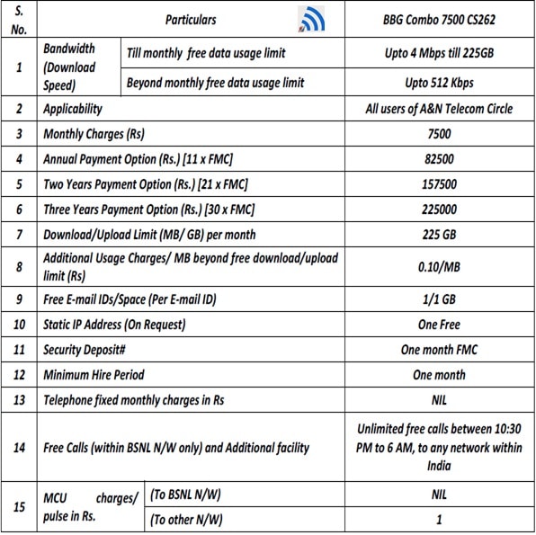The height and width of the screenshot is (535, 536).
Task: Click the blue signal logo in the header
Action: (310, 19)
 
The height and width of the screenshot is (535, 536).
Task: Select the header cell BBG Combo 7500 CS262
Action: (439, 19)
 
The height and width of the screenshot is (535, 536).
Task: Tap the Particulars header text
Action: (191, 19)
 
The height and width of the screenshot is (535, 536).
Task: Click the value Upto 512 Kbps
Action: (439, 83)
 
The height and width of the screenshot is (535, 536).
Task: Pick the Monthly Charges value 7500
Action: (439, 135)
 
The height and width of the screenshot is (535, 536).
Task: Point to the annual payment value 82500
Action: (439, 159)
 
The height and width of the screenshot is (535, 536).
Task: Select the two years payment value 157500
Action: (439, 184)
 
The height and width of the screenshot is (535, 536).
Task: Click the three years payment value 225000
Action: (439, 210)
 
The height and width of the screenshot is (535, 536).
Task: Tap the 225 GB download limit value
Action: (439, 235)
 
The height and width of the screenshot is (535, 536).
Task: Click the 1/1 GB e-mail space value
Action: (439, 299)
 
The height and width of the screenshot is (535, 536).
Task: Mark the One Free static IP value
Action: (439, 325)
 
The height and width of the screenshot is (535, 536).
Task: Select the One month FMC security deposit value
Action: (439, 350)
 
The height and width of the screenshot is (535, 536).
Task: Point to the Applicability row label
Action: (73, 109)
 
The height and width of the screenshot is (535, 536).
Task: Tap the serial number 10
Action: (20, 325)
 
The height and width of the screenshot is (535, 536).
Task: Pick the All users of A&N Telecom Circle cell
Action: (439, 109)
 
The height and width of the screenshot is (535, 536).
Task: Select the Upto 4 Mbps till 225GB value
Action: (439, 53)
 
